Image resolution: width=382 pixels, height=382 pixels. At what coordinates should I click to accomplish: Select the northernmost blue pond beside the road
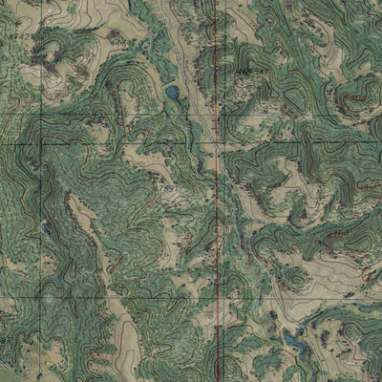172,93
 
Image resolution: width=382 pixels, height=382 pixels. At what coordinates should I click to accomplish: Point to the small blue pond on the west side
45,227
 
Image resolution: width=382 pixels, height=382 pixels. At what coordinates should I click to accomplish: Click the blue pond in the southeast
292,338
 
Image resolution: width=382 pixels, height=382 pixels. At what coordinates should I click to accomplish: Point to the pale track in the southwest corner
14,368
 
